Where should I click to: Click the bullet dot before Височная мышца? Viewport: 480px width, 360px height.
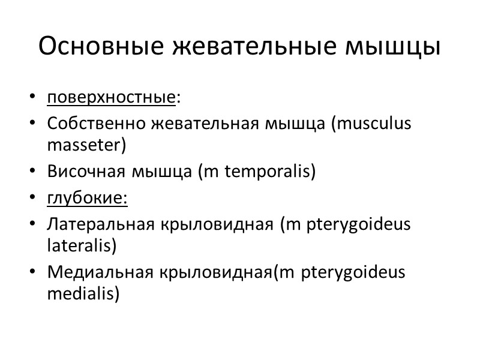click(32, 172)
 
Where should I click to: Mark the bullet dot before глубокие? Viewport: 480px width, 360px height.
click(32, 199)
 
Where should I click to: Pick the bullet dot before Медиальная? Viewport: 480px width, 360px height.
click(32, 274)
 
